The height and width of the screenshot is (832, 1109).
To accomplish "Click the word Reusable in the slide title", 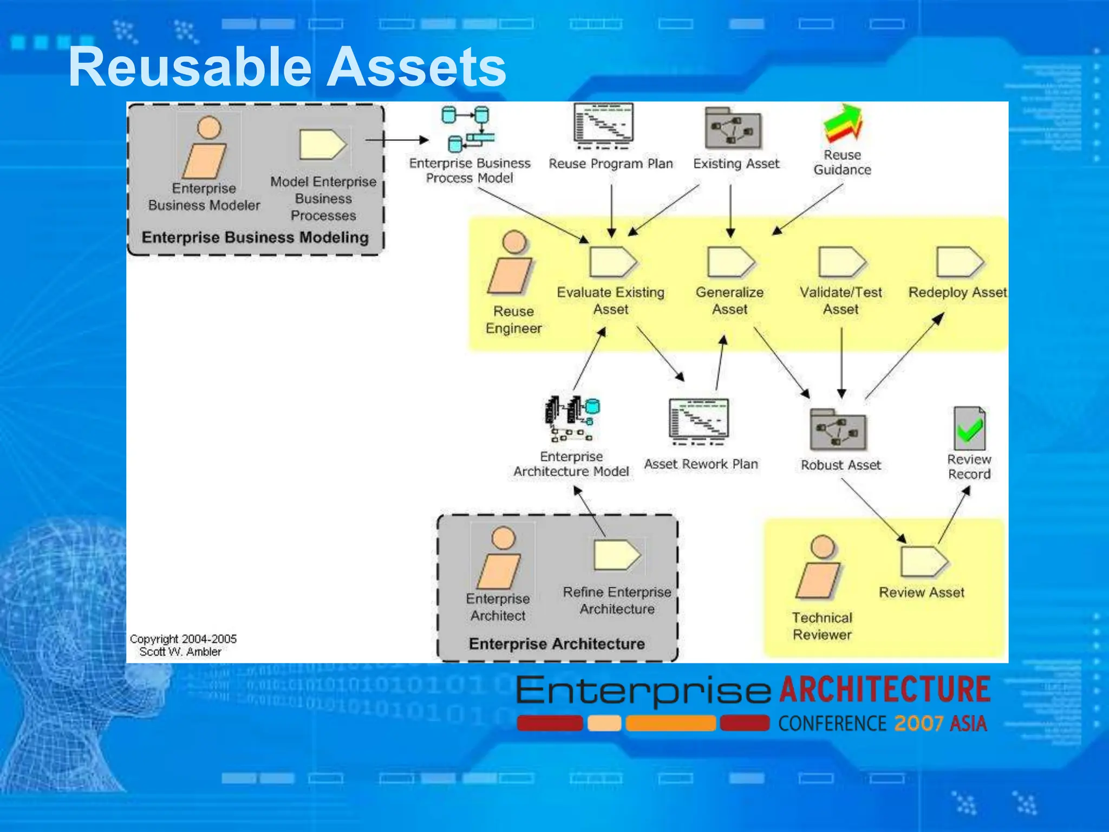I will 190,68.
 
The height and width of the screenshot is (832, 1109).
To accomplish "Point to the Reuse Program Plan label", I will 610,164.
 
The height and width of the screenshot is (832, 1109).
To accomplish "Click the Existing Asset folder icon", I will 733,129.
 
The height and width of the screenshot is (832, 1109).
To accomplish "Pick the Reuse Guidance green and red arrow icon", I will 843,125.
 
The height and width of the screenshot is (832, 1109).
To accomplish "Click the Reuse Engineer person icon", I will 512,263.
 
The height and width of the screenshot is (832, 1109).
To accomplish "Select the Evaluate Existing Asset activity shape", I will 612,262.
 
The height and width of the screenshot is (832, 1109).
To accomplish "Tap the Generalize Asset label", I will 729,301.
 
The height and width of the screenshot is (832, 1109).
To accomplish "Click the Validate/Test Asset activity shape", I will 841,262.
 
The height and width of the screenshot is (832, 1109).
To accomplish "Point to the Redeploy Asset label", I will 957,292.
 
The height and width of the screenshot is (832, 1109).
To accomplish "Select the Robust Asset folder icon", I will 838,430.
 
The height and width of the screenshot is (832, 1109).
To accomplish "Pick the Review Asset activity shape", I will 923,561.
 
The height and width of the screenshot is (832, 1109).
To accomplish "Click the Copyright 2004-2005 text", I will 182,639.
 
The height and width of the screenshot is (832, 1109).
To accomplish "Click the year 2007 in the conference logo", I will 918,724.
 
